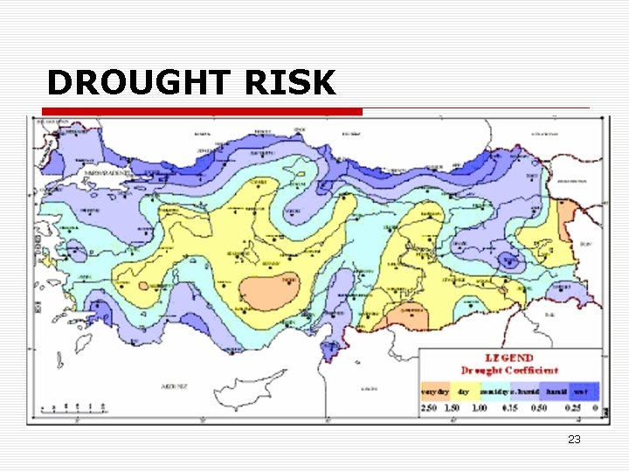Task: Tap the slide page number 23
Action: (x=574, y=440)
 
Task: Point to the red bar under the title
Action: (x=201, y=112)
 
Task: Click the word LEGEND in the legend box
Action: (x=509, y=358)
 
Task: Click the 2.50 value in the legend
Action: (x=429, y=408)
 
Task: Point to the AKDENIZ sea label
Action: (x=176, y=385)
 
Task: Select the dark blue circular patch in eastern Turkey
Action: (x=509, y=259)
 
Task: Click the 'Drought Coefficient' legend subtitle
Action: (x=509, y=371)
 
